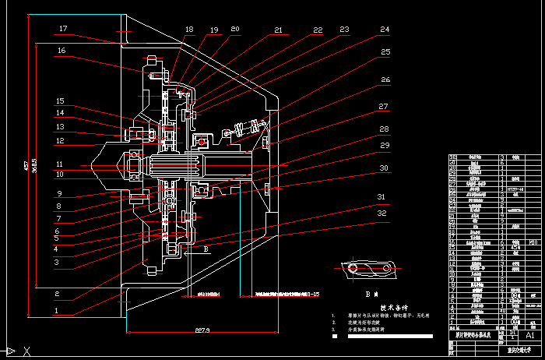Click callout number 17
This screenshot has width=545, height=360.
tap(63, 30)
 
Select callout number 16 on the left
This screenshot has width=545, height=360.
tap(62, 51)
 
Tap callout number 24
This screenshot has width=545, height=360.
tap(384, 30)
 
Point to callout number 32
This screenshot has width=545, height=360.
tap(381, 213)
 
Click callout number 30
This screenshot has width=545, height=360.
tap(382, 168)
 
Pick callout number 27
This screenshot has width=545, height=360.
tap(382, 107)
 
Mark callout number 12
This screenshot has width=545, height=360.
tap(61, 141)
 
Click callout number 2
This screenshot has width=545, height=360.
tap(56, 294)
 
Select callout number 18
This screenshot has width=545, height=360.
tap(189, 30)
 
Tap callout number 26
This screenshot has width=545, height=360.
tap(385, 80)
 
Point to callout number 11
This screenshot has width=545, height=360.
tap(61, 164)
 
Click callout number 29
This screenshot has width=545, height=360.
tap(383, 146)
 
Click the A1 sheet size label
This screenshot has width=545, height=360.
tap(530, 334)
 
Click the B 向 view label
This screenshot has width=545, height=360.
tap(371, 295)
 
